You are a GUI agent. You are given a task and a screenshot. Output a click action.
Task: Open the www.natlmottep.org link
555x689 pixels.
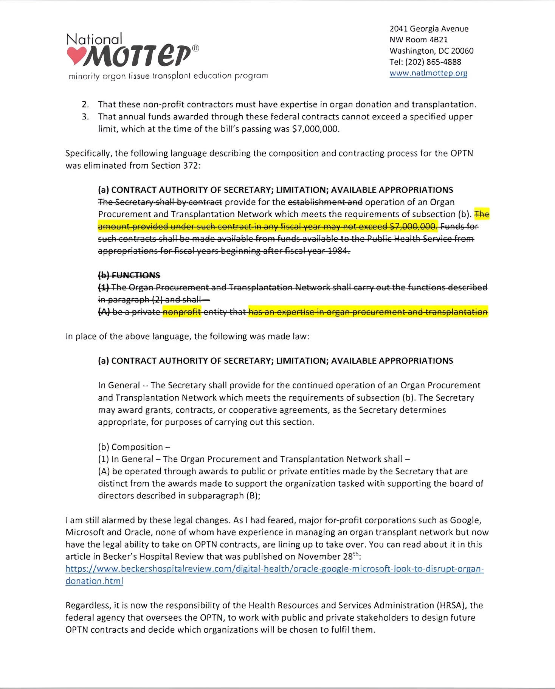click(x=428, y=73)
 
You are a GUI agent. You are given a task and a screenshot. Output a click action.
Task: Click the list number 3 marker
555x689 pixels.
click(x=85, y=116)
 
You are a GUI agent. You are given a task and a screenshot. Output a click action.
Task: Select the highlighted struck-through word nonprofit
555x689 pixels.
click(x=182, y=312)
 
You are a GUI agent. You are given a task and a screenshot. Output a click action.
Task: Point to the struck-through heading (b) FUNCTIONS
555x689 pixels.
click(x=129, y=275)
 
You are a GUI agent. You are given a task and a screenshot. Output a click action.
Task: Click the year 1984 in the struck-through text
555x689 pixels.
click(x=338, y=251)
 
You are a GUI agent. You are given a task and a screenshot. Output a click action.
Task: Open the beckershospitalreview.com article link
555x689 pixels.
click(x=274, y=569)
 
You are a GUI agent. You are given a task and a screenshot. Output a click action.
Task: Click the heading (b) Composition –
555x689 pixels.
click(x=134, y=447)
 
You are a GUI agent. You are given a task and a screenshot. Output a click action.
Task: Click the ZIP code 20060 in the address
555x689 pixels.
click(x=462, y=51)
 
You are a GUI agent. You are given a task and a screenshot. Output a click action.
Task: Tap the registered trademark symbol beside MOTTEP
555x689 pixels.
click(x=195, y=48)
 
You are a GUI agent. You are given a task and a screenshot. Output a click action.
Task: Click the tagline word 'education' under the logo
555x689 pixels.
click(x=213, y=76)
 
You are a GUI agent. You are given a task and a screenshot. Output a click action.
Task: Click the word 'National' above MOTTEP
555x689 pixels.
click(x=94, y=39)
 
